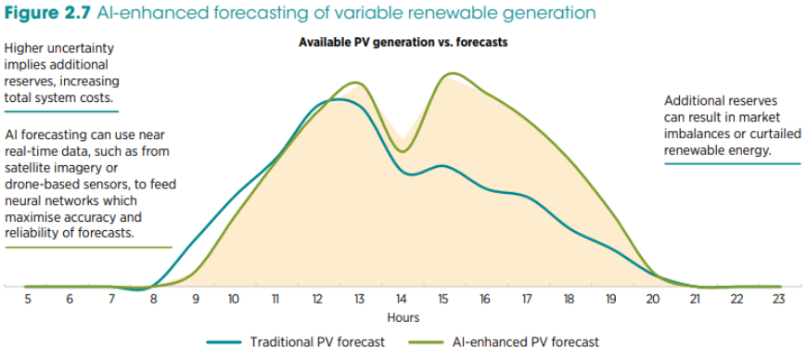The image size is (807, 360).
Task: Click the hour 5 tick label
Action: coord(28,300)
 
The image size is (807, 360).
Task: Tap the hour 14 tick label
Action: coord(401,300)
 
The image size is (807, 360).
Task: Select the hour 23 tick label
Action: coord(778,300)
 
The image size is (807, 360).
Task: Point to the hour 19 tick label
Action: coord(610,300)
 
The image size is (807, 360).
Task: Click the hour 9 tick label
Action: coord(196,300)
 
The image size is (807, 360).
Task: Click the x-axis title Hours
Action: coord(403,317)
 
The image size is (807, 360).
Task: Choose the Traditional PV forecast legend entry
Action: coord(295,342)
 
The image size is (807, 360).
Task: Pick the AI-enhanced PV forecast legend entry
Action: coord(504,342)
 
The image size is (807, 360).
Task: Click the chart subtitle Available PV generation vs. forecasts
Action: coord(403,43)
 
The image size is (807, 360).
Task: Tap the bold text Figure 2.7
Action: coord(48,13)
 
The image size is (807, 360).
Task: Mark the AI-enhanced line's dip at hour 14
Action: coord(403,151)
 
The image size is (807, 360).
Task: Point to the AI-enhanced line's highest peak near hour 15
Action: coord(452,73)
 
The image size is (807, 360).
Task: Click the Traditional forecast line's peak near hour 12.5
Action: coord(337,99)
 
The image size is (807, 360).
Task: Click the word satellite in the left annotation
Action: coord(27,168)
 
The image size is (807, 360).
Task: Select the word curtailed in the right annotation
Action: coord(777,134)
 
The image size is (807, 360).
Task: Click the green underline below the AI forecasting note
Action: coord(88,247)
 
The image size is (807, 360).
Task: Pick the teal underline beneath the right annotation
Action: coord(733,164)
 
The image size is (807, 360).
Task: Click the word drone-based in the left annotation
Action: coord(35,185)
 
